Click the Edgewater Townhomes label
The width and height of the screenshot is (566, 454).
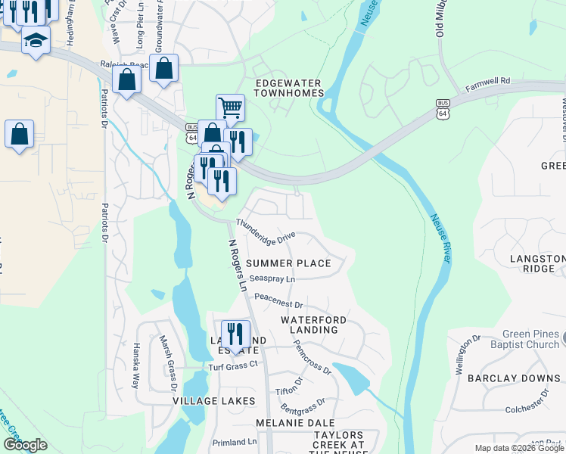[288, 88]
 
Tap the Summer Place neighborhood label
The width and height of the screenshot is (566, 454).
[288, 263]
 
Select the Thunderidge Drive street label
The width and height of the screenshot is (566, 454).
[265, 232]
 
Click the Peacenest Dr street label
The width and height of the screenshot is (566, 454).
[278, 301]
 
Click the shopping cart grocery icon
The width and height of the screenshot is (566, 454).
[230, 107]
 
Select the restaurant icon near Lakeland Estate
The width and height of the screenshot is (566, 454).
[235, 333]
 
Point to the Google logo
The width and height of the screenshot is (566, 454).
[25, 445]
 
